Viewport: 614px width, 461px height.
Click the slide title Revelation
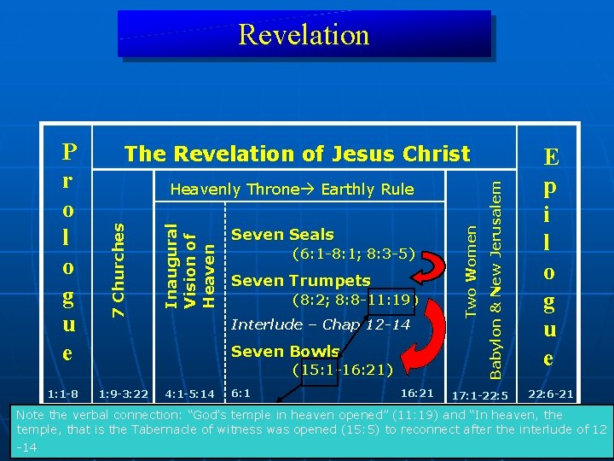coord(304,34)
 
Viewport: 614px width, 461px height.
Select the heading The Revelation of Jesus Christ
coord(297,154)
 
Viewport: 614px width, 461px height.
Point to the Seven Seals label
coord(282,234)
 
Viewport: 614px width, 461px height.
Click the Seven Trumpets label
coord(300,280)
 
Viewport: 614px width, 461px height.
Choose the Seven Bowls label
coord(286,351)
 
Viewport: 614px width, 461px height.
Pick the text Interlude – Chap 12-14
coord(321,325)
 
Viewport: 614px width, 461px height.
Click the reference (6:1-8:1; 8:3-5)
coord(353,254)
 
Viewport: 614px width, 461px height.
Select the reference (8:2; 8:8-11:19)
coord(354,300)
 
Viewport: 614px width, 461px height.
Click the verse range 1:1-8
coord(62,394)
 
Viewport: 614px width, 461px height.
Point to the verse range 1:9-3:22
coord(124,394)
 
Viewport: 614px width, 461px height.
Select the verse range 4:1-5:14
coord(190,394)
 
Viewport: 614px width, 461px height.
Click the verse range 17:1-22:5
coord(479,395)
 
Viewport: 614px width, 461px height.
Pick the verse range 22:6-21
coord(550,394)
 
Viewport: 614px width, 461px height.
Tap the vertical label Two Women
coord(470,266)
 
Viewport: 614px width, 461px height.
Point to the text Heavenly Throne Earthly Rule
coord(291,190)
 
